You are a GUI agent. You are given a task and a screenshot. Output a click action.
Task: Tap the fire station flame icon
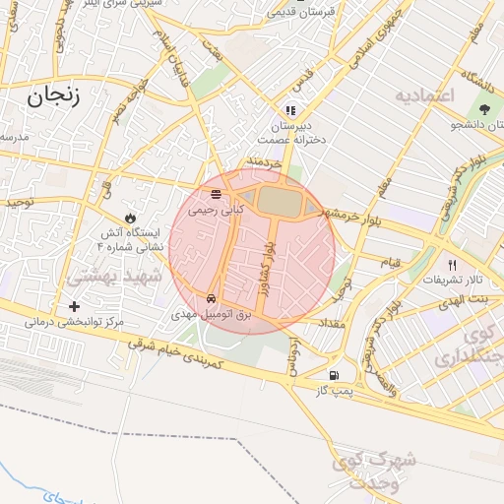click(130, 217)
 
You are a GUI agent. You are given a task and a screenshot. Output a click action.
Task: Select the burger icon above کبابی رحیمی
click(216, 193)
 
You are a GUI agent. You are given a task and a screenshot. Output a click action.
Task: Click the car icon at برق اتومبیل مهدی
click(212, 297)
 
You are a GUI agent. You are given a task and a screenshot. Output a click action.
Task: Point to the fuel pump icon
click(335, 375)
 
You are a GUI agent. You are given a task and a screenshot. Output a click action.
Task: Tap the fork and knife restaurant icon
click(453, 264)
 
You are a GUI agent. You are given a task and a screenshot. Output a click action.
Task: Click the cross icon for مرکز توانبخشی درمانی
click(74, 307)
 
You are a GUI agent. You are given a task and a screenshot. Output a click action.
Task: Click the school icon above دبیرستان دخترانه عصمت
click(289, 110)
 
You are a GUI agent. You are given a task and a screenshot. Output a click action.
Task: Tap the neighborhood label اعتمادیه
click(424, 95)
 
